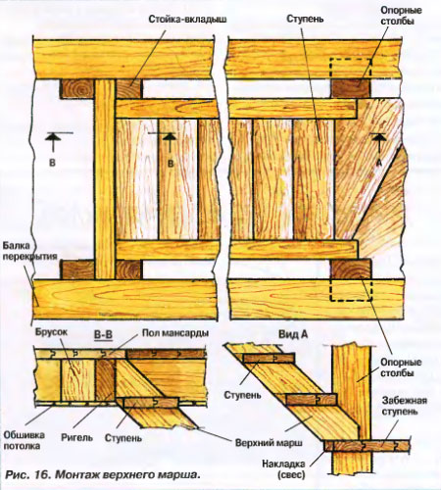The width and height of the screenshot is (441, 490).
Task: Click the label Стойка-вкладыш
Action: click(x=187, y=20)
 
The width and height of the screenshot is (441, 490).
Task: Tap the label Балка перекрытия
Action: click(x=30, y=251)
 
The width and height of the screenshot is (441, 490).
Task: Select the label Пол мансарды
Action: click(x=175, y=333)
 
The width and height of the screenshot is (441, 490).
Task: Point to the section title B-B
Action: click(x=103, y=335)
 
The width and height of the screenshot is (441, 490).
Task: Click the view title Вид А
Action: click(x=293, y=334)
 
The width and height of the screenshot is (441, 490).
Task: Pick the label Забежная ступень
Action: click(x=405, y=406)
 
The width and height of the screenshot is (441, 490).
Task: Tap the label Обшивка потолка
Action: click(x=24, y=440)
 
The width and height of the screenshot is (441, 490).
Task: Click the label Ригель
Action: click(x=76, y=438)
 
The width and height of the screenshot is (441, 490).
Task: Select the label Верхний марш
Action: click(x=269, y=443)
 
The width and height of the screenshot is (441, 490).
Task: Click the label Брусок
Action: click(x=52, y=332)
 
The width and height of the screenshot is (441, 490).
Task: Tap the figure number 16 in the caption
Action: click(x=39, y=474)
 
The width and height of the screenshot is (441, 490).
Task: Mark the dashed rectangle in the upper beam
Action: click(x=350, y=69)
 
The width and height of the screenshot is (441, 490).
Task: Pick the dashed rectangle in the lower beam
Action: click(x=351, y=290)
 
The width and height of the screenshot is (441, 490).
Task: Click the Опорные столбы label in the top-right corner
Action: click(x=397, y=16)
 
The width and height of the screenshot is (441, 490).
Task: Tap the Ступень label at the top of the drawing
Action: click(x=305, y=19)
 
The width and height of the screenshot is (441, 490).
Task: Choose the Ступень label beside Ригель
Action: click(x=123, y=438)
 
